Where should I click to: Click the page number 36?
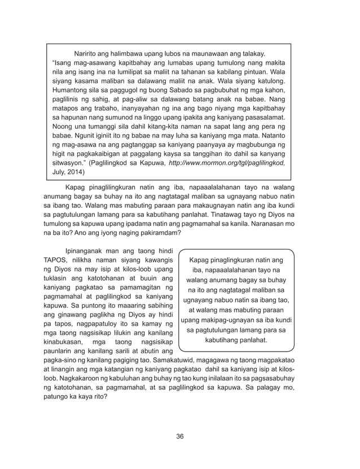[180, 436]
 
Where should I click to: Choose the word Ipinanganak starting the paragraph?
[86, 250]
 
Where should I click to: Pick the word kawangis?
[156, 260]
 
